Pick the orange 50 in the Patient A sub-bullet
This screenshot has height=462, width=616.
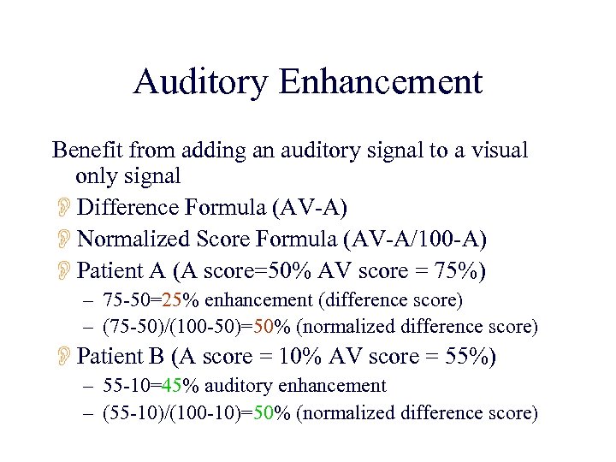pyautogui.click(x=262, y=327)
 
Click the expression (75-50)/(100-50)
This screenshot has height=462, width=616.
pyautogui.click(x=172, y=327)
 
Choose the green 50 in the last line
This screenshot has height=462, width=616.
pyautogui.click(x=262, y=413)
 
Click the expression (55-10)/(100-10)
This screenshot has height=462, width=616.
pyautogui.click(x=172, y=413)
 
